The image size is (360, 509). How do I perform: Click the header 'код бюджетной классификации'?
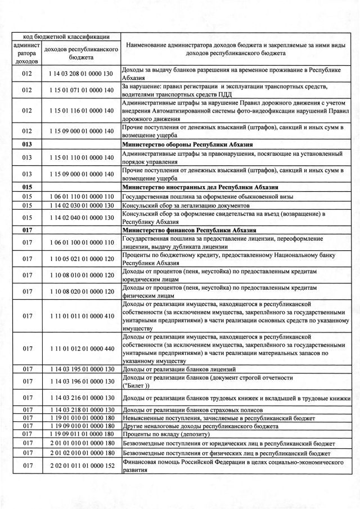point(65,36)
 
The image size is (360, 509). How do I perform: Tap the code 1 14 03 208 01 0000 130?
point(81,74)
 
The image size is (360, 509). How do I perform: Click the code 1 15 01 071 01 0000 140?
point(81,90)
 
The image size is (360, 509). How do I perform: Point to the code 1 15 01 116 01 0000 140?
point(81,111)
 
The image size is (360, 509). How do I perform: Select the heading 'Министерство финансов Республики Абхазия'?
point(189,230)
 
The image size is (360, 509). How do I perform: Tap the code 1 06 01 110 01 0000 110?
point(81,196)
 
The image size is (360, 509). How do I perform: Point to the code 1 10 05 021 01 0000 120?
point(81,259)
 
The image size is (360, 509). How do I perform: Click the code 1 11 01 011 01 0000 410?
point(81,316)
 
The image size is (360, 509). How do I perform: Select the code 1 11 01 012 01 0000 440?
point(81,349)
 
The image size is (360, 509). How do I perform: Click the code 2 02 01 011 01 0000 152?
point(81,466)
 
